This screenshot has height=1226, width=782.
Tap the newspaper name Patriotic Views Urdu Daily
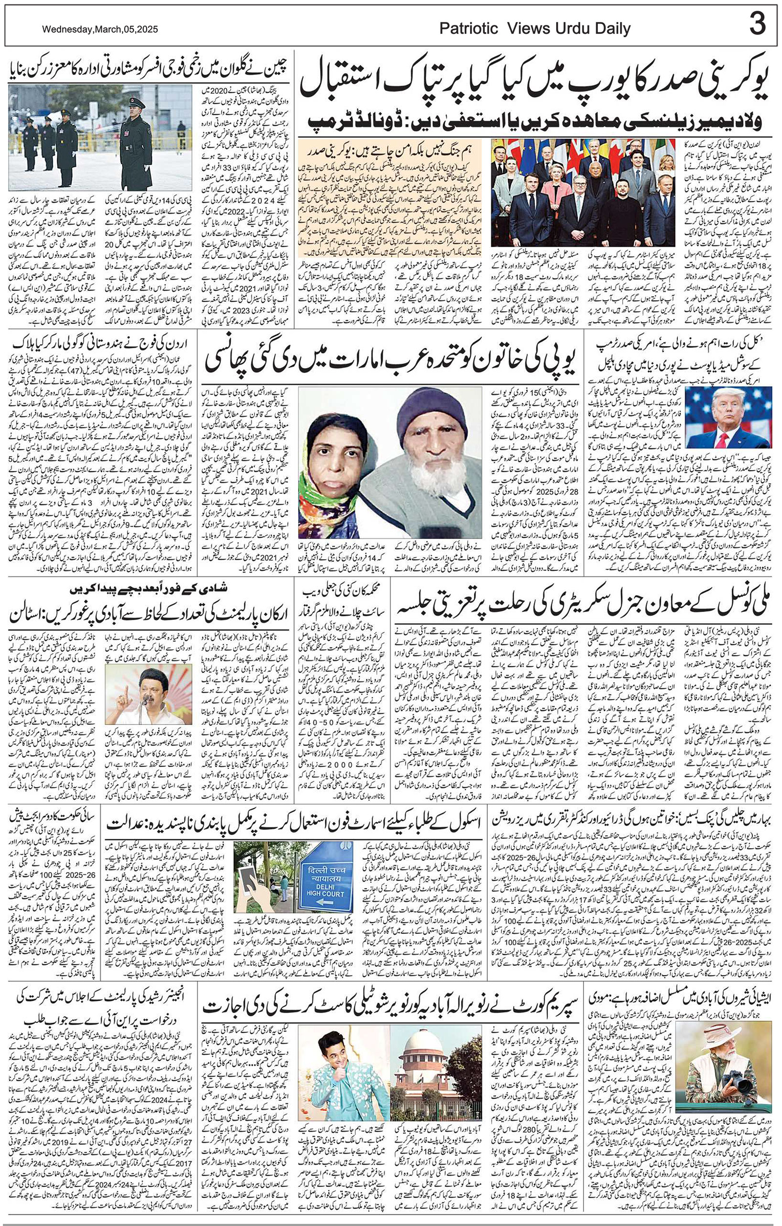click(535, 29)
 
